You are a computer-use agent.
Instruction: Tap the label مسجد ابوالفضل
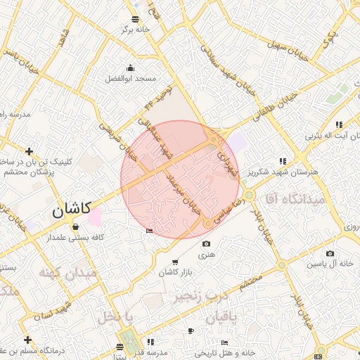(x=130, y=79)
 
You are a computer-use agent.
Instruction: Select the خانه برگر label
(x=135, y=30)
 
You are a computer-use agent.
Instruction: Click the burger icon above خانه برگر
(x=136, y=19)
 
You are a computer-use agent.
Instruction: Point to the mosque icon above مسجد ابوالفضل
(x=130, y=68)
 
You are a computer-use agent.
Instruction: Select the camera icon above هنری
(x=206, y=244)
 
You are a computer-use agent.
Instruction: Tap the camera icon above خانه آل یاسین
(x=330, y=254)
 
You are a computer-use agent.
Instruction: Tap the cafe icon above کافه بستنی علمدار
(x=75, y=226)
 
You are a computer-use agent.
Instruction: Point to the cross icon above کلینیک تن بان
(x=29, y=151)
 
